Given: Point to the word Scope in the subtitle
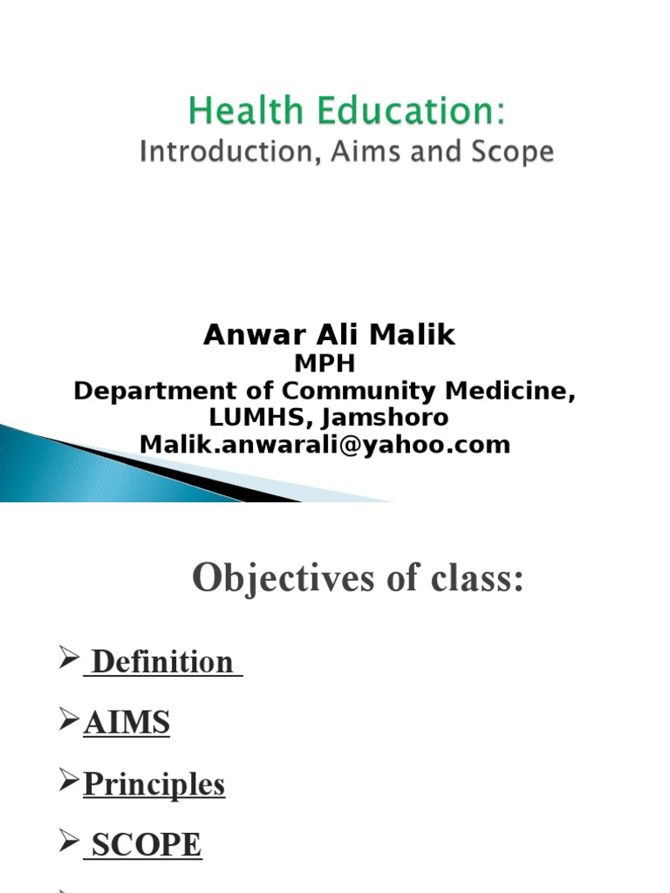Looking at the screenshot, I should click(510, 153).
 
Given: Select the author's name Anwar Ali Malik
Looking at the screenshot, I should click(329, 336).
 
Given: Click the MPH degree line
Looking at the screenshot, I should click(328, 363).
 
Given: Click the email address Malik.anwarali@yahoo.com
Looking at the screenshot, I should click(325, 445).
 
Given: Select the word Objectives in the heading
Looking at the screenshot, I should click(275, 577).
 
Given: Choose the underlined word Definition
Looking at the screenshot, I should click(162, 663).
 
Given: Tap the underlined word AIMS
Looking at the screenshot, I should click(126, 724).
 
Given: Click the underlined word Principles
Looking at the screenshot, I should click(154, 785).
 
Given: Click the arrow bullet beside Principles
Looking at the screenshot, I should click(69, 783).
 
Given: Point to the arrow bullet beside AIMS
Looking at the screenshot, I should click(69, 722).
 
